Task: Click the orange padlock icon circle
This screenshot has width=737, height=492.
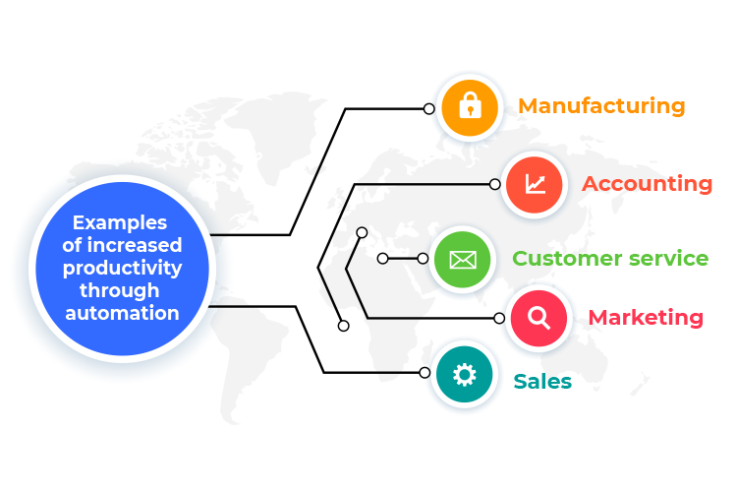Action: click(x=471, y=107)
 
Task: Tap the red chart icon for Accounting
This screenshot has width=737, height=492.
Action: click(x=535, y=183)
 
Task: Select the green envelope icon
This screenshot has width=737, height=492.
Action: click(x=462, y=260)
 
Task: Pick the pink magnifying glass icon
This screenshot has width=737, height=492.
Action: click(x=539, y=318)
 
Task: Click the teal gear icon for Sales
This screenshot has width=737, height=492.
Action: click(x=464, y=374)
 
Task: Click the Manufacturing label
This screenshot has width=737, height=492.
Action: click(x=601, y=106)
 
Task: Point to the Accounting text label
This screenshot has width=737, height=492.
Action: click(x=647, y=184)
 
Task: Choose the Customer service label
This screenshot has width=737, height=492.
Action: click(x=609, y=259)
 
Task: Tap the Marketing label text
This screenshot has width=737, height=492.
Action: click(x=646, y=318)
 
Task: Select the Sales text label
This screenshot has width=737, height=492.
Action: click(x=542, y=381)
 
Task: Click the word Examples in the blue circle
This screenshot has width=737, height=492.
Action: click(x=120, y=223)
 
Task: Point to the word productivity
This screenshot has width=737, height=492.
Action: click(x=123, y=268)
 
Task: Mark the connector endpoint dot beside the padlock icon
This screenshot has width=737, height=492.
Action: click(x=428, y=108)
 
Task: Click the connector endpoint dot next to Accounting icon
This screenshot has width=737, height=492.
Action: click(x=495, y=184)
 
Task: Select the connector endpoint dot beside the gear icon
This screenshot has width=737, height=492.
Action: click(x=425, y=373)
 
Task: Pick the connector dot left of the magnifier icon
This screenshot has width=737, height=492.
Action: click(x=499, y=318)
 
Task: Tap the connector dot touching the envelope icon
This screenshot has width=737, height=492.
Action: click(x=423, y=259)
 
